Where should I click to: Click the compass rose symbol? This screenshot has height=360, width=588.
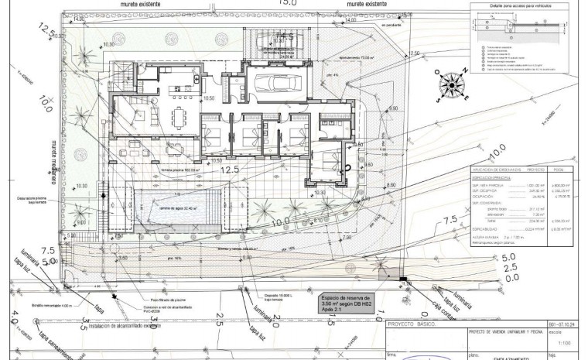tap(453, 87)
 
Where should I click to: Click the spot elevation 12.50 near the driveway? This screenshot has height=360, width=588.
tap(414, 53)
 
